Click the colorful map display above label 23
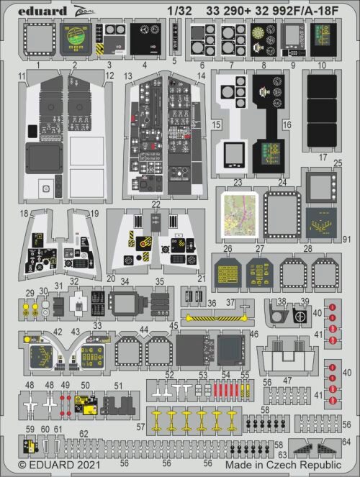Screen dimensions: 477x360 (x=239, y=214)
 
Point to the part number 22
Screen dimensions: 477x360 (x=156, y=204)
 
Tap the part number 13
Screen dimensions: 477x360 (x=127, y=76)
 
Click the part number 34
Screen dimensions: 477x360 (x=124, y=281)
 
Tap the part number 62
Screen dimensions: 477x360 (x=84, y=433)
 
